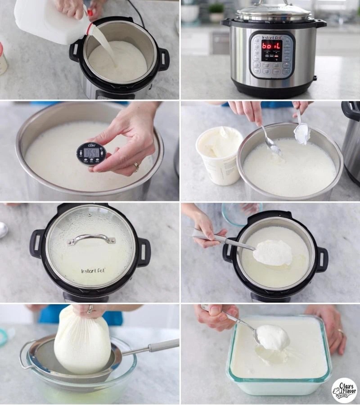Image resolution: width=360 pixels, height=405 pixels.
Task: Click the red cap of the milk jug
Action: [90, 13]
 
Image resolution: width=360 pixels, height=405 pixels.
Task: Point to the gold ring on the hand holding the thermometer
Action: [136, 167]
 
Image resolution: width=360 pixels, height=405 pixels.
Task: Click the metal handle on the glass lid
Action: [91, 238]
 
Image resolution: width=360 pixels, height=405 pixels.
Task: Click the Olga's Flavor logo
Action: [344, 390]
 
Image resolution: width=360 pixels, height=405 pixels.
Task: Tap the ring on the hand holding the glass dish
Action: [341, 333]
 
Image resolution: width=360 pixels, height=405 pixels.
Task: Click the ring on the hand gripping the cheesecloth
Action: [90, 309]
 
